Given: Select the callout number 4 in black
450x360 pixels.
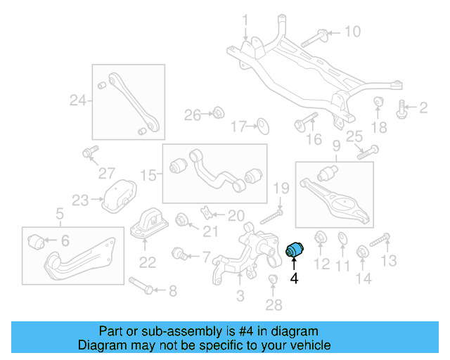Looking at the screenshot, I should pos(294,279).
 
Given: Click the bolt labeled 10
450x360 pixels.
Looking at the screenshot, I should pos(314,38).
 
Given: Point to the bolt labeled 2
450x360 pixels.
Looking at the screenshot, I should pos(403,108).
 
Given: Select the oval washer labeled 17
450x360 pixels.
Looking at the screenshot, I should pos(262,126).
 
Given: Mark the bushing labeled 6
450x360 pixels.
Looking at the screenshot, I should pos(37,242).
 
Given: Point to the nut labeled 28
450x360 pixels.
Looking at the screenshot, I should pos(274,283).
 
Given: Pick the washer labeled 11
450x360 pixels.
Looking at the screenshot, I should pos(342,239).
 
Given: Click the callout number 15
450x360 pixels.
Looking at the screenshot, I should pos(147,173).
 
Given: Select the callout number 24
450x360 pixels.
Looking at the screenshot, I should pos(77,101).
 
